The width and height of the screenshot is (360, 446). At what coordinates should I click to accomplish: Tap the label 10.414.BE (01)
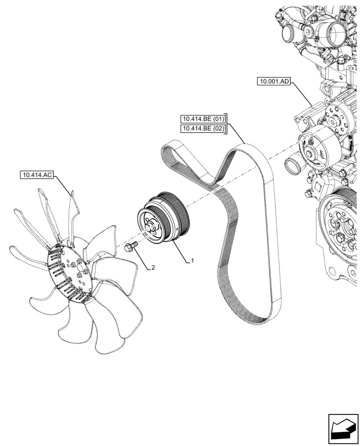203,119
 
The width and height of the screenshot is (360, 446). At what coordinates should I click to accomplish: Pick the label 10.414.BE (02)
203,129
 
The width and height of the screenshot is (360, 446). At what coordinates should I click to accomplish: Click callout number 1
192,261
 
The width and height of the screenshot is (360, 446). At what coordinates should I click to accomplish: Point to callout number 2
153,268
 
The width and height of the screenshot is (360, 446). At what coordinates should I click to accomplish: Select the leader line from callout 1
180,252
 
